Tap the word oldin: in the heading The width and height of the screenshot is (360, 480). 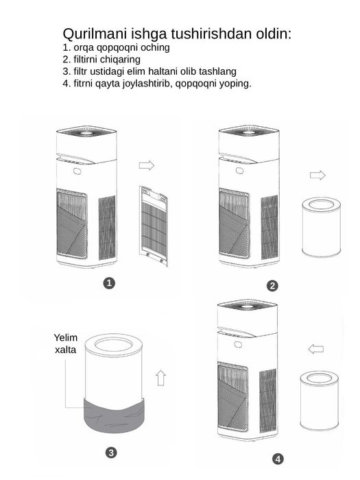[x=274, y=34]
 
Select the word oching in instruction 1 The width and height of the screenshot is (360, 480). [x=155, y=48]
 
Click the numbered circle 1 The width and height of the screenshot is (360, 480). [x=109, y=283]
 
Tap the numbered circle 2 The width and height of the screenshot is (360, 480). [x=272, y=286]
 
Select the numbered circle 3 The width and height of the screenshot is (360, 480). [x=111, y=453]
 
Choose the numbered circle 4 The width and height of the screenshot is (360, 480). [x=278, y=459]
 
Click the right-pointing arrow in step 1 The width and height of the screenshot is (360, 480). [x=147, y=165]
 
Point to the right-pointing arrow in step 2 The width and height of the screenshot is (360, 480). [x=317, y=175]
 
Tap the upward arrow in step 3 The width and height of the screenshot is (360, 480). [x=160, y=378]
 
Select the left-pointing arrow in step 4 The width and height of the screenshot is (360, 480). [x=316, y=348]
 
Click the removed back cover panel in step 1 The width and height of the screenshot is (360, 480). [x=154, y=226]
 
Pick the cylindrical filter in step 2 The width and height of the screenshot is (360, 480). [x=321, y=227]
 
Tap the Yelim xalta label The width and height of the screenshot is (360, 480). [x=66, y=344]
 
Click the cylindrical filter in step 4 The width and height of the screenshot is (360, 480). [x=320, y=400]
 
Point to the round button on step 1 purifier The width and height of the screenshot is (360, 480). [x=77, y=171]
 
